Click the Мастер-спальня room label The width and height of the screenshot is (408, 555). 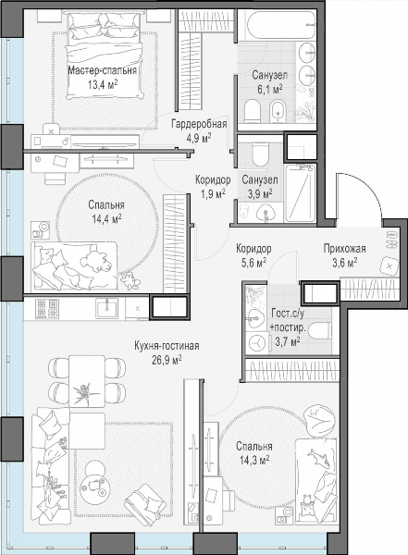coord(102,70)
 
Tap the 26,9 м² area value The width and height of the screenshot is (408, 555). coord(167,360)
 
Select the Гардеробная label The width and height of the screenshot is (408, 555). coord(199,124)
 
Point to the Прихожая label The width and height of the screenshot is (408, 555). coord(344,249)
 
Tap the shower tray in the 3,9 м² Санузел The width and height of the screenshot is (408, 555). coord(301,193)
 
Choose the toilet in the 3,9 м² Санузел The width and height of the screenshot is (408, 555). coord(260,154)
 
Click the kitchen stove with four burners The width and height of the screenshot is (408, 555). coord(47,308)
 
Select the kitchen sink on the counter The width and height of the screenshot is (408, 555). coord(107,309)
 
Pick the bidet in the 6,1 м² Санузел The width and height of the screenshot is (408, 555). coord(278,111)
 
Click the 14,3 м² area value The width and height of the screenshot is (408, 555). coord(254,461)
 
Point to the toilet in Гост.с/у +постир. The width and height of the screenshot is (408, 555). coord(320,332)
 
